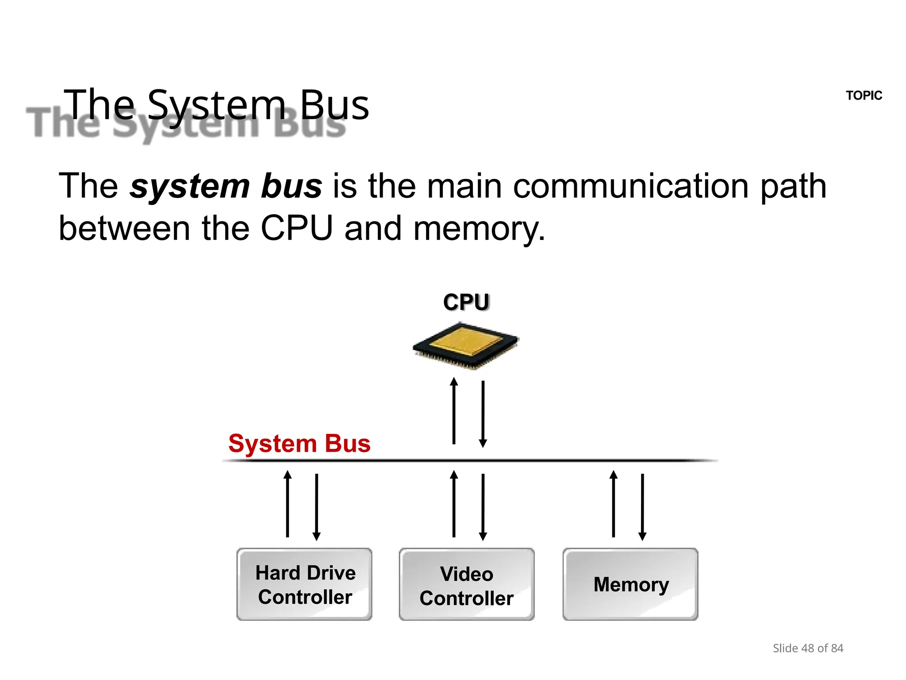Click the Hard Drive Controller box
click(304, 584)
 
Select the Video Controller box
click(467, 584)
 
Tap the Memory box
click(630, 584)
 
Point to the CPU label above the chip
click(466, 302)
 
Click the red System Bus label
click(299, 443)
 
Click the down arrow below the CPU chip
click(483, 414)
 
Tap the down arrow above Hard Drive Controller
click(317, 507)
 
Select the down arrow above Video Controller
click(483, 507)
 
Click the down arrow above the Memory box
click(642, 507)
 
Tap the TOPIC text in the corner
click(864, 96)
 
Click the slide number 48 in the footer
click(807, 648)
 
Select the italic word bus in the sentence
click(292, 186)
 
